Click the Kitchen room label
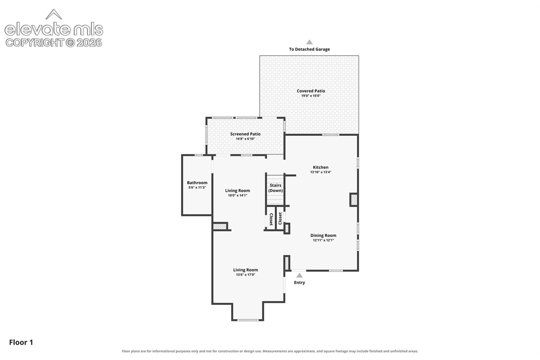click(320, 167)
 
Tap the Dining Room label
click(323, 235)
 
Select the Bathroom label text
click(197, 183)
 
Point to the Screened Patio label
click(245, 134)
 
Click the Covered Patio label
click(311, 91)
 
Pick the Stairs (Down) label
click(275, 188)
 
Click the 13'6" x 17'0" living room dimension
click(245, 275)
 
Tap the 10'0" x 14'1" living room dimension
click(237, 195)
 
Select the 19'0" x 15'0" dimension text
click(311, 96)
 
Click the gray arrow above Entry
click(299, 275)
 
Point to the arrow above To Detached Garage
click(309, 42)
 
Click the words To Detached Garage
click(309, 49)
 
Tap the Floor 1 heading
click(21, 342)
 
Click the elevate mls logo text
click(54, 29)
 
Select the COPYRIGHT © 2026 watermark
click(54, 43)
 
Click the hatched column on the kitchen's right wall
click(354, 200)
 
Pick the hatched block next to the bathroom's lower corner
click(220, 226)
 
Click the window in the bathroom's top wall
click(198, 155)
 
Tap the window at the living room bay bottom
click(248, 320)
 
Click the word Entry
click(299, 283)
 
